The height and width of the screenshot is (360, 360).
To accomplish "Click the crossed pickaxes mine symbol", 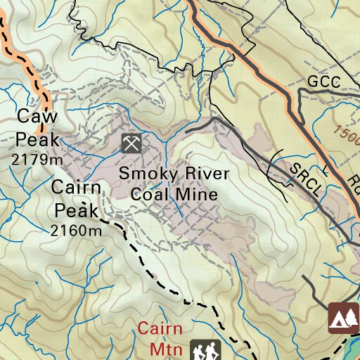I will click(x=131, y=143).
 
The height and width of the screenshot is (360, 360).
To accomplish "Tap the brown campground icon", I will click(x=343, y=319).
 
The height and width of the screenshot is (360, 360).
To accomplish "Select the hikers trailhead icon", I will click(x=205, y=350).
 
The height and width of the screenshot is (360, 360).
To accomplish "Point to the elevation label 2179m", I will click(x=37, y=160).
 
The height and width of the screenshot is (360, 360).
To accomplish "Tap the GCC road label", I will click(x=323, y=82).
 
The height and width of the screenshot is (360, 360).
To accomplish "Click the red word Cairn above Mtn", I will click(x=160, y=329).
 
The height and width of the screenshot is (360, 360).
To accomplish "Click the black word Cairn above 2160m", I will click(x=77, y=188).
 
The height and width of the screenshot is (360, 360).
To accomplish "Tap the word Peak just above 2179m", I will click(x=35, y=138).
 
